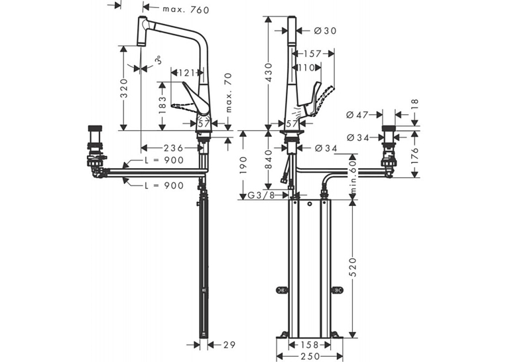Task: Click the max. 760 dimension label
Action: point(186,10)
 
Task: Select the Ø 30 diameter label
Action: point(325,31)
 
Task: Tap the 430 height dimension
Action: point(269,72)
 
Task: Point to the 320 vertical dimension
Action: point(124,88)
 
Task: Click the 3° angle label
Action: point(158,60)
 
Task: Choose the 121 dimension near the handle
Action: point(187,72)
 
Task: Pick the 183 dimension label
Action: point(162,104)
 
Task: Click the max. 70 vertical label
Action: point(228,93)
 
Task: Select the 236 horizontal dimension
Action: point(173,148)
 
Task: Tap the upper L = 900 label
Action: point(164,160)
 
